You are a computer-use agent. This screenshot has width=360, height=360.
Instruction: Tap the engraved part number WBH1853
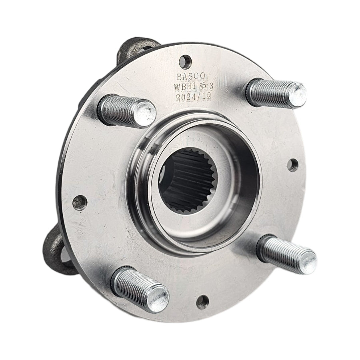tap(193, 86)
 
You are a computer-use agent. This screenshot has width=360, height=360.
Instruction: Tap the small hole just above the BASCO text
tap(184, 61)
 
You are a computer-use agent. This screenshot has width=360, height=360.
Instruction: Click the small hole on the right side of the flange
tap(292, 165)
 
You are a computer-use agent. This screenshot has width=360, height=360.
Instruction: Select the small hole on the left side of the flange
tap(80, 203)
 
